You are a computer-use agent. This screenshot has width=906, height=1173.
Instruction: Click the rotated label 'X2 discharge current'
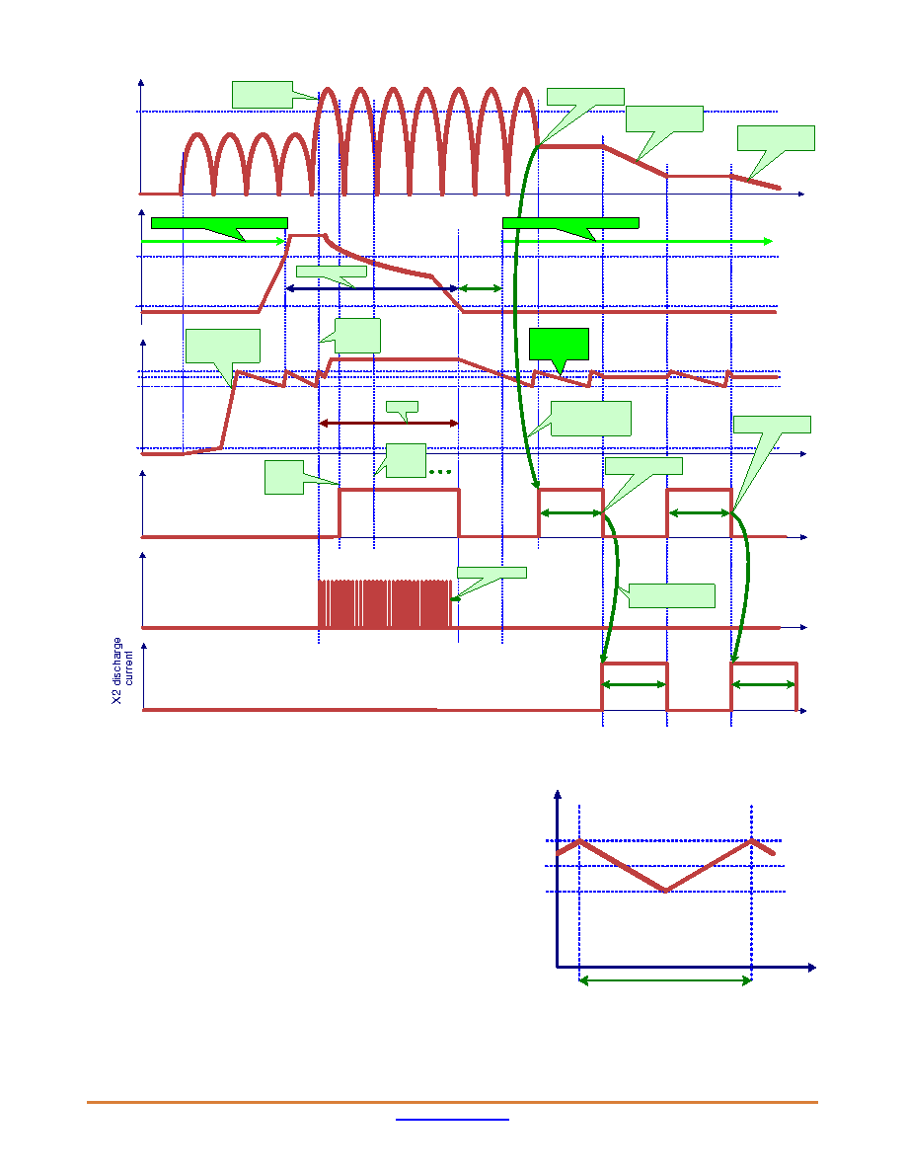point(123,671)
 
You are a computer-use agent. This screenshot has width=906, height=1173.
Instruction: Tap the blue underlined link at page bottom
point(452,1120)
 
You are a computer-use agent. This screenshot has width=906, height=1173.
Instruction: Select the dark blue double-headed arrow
point(371,288)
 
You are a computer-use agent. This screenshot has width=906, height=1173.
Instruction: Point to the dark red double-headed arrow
point(389,424)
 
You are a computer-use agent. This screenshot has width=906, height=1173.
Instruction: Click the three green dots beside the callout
point(440,471)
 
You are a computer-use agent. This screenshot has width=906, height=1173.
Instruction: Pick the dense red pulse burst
point(385,603)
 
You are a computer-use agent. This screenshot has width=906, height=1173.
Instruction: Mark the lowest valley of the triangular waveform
point(665,891)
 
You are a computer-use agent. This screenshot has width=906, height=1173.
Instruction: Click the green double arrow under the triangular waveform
point(665,980)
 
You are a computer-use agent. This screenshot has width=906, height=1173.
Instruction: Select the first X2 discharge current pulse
point(635,686)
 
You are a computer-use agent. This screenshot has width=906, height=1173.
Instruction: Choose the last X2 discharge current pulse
point(764,686)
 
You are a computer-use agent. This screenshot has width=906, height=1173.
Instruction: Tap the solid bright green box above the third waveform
point(560,345)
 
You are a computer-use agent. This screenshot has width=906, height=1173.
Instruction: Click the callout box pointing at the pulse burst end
point(491,573)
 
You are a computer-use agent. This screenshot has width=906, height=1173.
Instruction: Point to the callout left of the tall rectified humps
point(263,95)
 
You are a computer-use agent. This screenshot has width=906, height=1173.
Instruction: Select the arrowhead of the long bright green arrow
point(768,241)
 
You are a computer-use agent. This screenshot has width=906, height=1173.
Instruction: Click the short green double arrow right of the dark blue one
point(480,288)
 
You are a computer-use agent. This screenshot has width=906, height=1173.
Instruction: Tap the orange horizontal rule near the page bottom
point(452,1102)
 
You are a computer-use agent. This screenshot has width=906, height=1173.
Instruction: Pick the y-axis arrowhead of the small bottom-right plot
point(557,795)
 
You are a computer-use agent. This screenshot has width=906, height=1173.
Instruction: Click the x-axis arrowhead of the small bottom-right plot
point(812,968)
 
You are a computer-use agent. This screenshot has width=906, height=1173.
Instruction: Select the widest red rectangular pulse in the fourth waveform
point(399,490)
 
